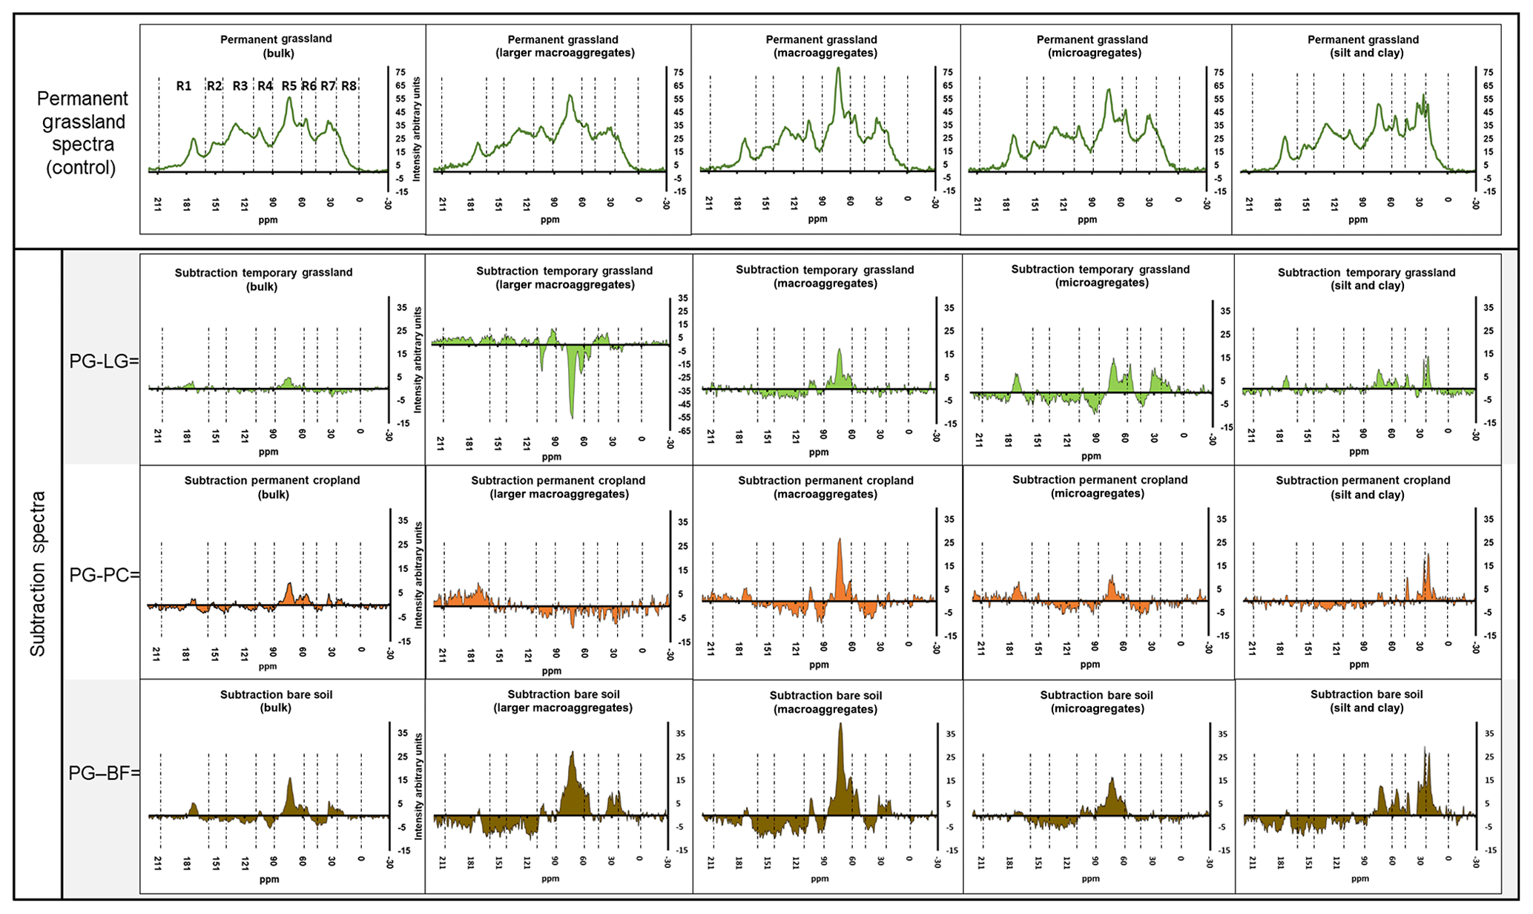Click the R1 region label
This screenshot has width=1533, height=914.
pyautogui.click(x=183, y=86)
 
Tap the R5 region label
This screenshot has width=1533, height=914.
pyautogui.click(x=289, y=86)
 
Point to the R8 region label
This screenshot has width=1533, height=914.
pyautogui.click(x=349, y=86)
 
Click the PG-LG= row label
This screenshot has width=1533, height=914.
pyautogui.click(x=104, y=361)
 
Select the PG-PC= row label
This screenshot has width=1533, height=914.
pyautogui.click(x=104, y=574)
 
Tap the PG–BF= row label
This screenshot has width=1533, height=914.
pyautogui.click(x=104, y=773)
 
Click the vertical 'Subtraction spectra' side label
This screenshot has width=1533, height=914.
pyautogui.click(x=38, y=573)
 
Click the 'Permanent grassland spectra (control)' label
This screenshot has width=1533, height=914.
pyautogui.click(x=82, y=133)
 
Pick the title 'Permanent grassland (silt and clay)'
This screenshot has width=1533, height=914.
pyautogui.click(x=1362, y=46)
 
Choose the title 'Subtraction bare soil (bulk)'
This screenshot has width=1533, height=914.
pyautogui.click(x=276, y=701)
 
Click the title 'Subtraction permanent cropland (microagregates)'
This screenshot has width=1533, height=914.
pyautogui.click(x=1099, y=487)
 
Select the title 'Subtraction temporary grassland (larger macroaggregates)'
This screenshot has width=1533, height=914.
pyautogui.click(x=564, y=277)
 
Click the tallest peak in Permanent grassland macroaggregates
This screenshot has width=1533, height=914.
pyautogui.click(x=838, y=69)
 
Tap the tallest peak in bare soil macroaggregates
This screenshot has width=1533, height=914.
pyautogui.click(x=840, y=725)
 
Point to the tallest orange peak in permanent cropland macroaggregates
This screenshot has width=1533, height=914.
pyautogui.click(x=840, y=540)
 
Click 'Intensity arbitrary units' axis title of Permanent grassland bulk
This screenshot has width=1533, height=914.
pyautogui.click(x=417, y=128)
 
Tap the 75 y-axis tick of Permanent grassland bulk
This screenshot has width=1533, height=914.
pyautogui.click(x=400, y=72)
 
